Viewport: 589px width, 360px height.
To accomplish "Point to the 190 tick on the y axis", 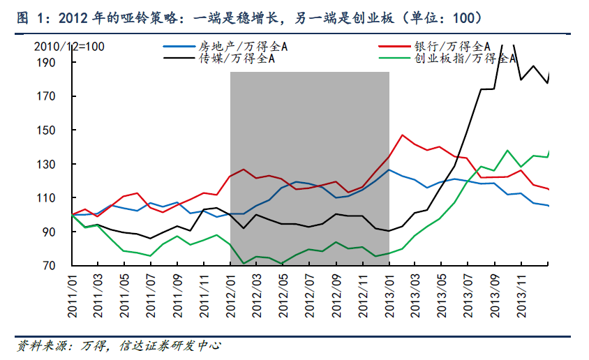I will coord(56,63).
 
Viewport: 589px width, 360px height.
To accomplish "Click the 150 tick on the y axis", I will coord(56,130).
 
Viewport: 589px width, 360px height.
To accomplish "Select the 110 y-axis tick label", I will coord(56,198).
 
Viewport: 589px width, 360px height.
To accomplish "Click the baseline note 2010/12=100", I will coord(70,47).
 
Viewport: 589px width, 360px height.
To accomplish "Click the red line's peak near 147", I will coord(403,135).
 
